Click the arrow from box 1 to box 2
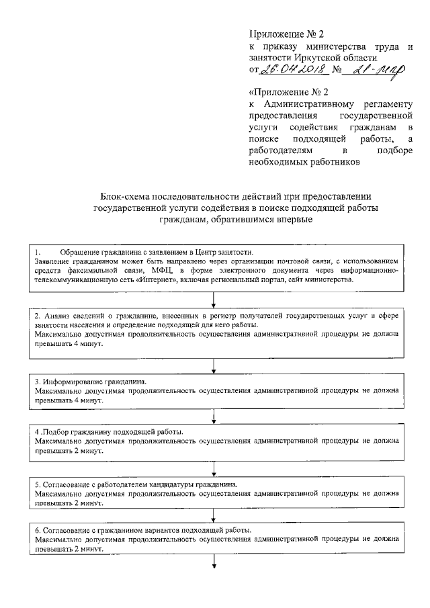pyautogui.click(x=214, y=300)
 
